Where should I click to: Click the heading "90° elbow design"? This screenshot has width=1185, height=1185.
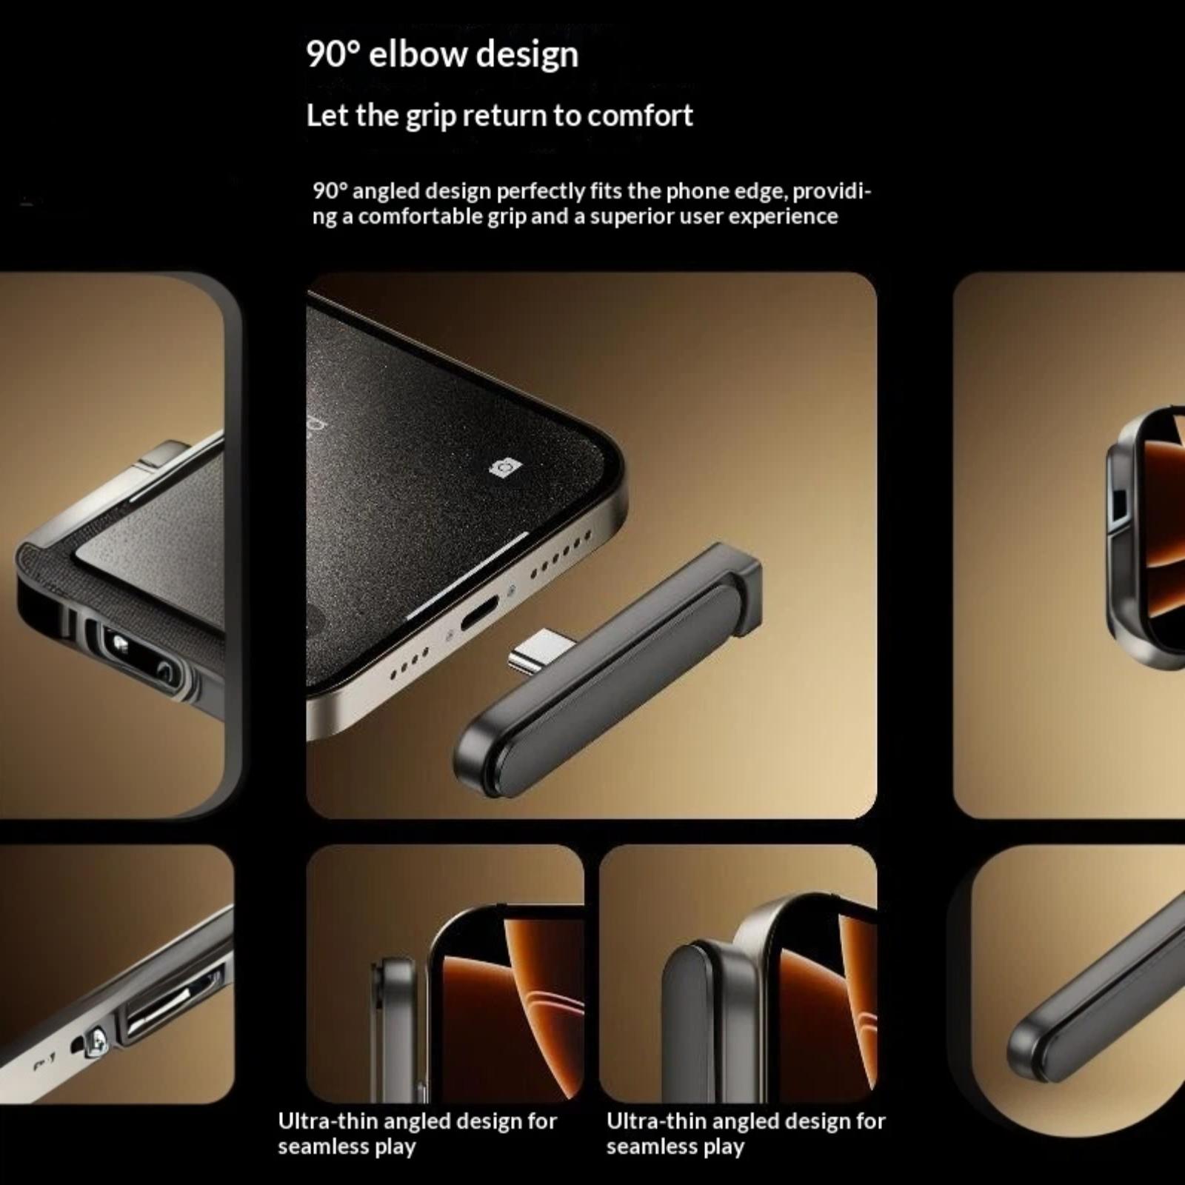point(442,55)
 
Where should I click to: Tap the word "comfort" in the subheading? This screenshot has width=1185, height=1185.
point(640,116)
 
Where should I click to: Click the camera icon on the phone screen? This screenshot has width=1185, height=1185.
point(506,468)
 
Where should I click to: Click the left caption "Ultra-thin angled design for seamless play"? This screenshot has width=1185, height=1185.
point(417,1133)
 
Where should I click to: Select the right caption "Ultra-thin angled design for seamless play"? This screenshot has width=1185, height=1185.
point(746,1133)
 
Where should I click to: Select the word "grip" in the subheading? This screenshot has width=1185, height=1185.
point(430,117)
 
